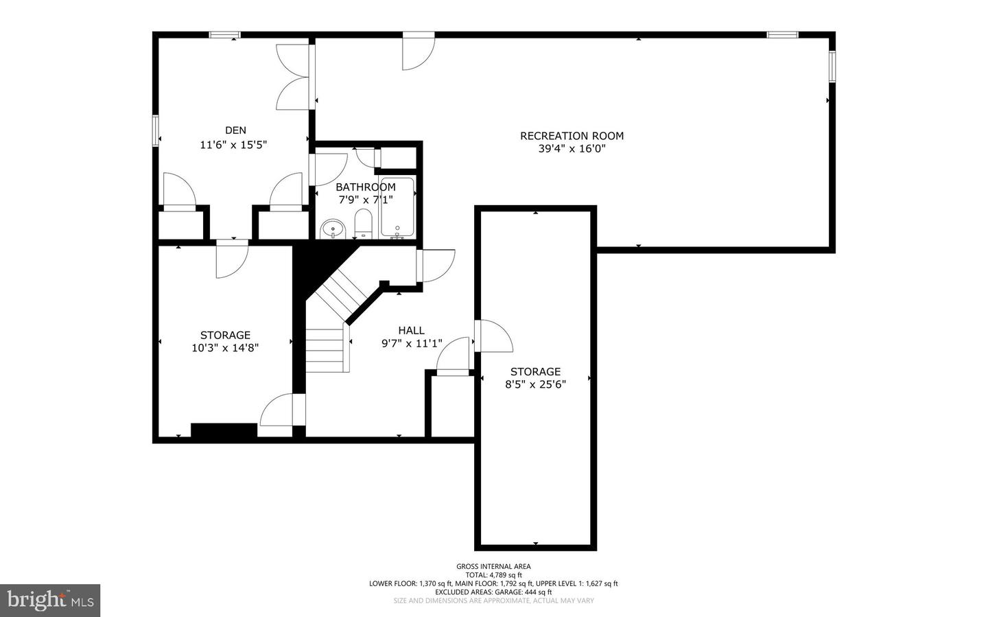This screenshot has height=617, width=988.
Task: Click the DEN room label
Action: (235, 130)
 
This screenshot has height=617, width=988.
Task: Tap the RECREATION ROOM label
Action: (572, 136)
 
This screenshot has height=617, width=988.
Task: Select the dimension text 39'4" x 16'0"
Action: (572, 148)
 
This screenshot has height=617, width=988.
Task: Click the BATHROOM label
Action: (365, 187)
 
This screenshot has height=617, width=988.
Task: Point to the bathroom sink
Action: (333, 229)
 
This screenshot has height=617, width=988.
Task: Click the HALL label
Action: (411, 330)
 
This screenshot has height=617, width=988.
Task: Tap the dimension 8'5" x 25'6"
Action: (535, 384)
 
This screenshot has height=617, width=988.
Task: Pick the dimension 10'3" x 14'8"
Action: (225, 348)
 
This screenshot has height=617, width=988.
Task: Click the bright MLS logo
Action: (50, 601)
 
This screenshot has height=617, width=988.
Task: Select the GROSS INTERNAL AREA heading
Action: (493, 566)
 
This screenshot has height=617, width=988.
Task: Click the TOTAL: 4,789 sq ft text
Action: (493, 575)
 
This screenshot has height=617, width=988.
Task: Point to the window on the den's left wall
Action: (156, 130)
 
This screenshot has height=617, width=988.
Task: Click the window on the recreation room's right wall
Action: (832, 67)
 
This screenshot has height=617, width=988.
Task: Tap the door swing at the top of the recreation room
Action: (418, 53)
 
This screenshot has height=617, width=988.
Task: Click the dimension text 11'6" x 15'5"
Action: (233, 145)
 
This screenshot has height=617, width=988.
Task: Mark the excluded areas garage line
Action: (493, 592)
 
